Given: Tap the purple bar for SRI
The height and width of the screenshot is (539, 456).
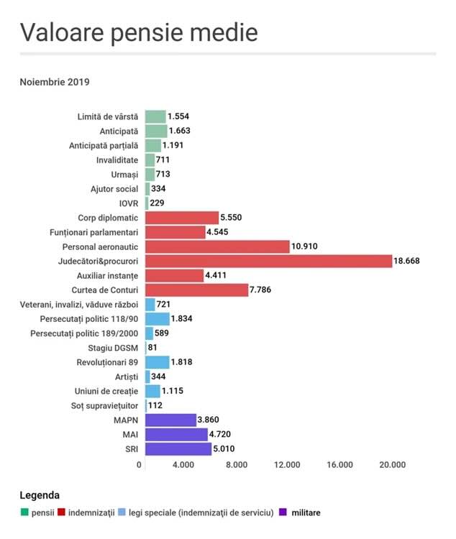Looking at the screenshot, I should coord(178,448).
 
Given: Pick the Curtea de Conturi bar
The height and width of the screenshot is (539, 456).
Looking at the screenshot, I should coord(196,290).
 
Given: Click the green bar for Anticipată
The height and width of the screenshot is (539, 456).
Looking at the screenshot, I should coord(156,131).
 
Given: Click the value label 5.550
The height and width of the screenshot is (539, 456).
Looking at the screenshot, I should coord(234,217).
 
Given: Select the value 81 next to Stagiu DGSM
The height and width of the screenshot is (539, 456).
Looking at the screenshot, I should coord(154,348).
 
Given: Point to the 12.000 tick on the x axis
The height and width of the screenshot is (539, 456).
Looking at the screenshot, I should coord(288,465).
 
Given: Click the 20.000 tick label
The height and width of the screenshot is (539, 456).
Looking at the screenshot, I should coord(392,465).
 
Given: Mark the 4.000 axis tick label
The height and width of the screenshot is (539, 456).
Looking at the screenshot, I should coord(183,465).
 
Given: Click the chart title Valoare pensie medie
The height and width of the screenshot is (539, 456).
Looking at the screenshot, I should coord(138,33).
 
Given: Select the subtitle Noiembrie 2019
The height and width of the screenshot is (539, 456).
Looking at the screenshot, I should coord(54,82).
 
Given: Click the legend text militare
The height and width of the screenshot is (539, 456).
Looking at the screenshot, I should coord(306,512).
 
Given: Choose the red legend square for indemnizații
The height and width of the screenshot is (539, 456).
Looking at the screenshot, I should coord(62,512).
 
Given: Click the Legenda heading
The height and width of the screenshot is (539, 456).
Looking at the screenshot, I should coord(40,495).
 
